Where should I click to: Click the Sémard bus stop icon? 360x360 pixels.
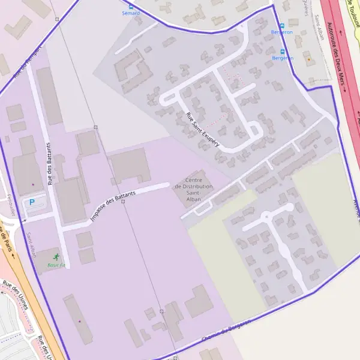coord(131,6)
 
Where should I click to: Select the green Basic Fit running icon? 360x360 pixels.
coord(56,257)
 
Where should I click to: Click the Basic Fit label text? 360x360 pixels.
coord(56,265)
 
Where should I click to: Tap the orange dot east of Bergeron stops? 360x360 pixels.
coord(308,59)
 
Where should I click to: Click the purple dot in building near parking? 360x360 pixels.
coord(33,184)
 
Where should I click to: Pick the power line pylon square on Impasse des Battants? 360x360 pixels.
coord(122,202)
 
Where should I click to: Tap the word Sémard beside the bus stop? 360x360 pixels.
coord(131,13)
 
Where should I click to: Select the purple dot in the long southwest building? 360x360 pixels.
coord(79,322)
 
